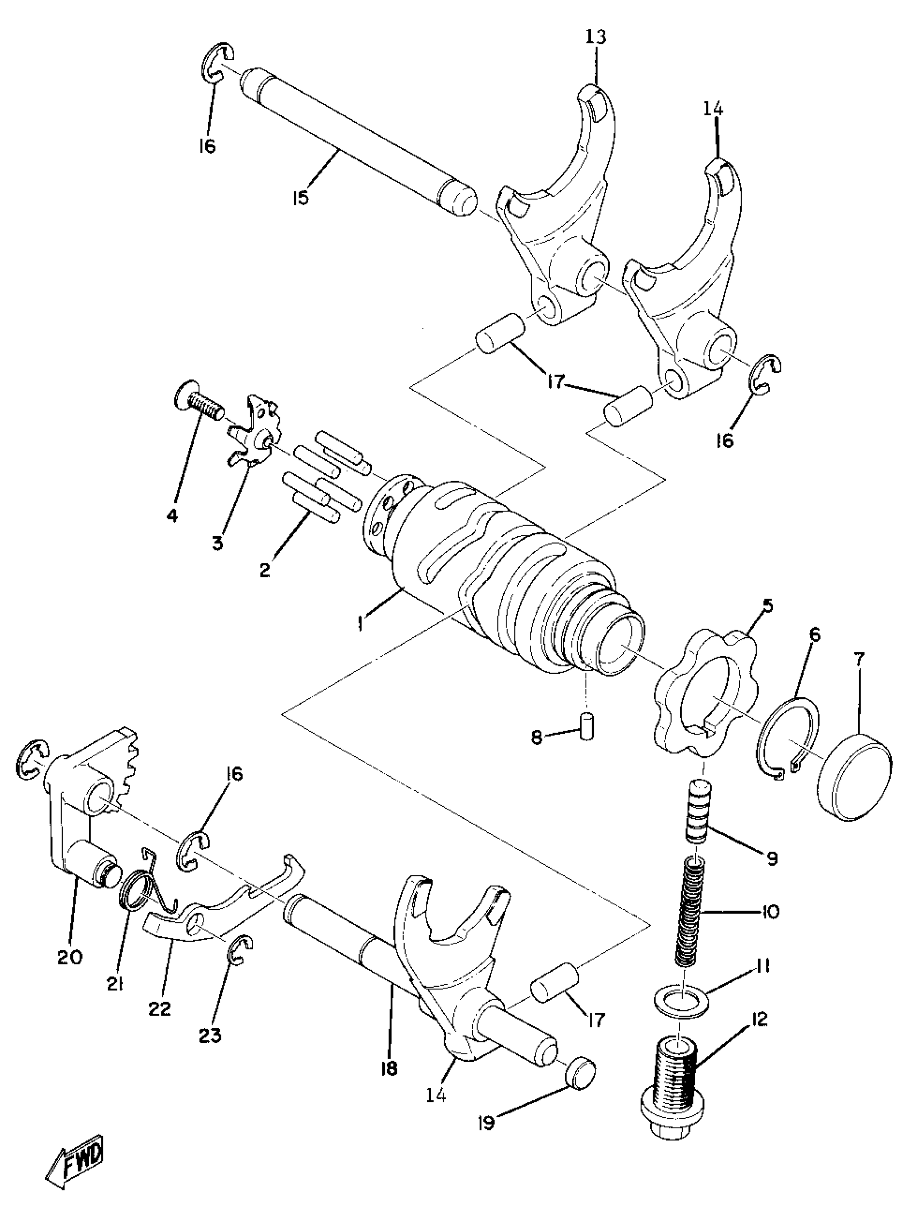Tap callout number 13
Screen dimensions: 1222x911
596,38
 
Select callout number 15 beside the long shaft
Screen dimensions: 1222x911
301,197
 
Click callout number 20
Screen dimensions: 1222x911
70,956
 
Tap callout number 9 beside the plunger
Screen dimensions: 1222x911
772,858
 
